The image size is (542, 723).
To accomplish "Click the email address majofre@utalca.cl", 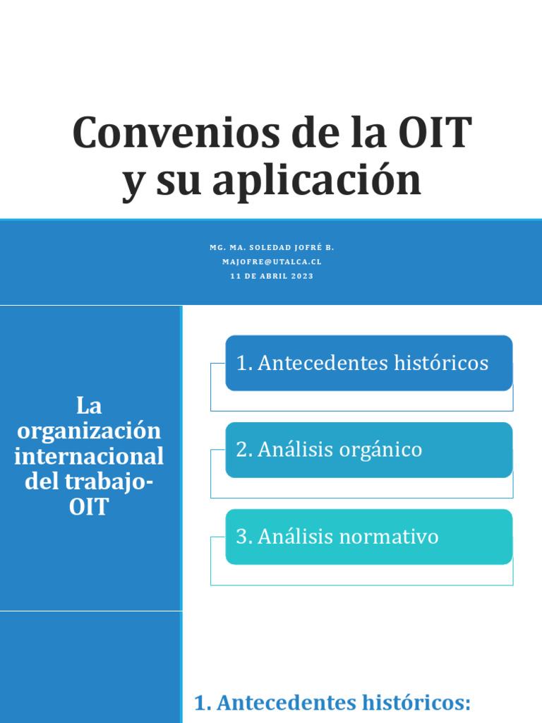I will pos(272,261).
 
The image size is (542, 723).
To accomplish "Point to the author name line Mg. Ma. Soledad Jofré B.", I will pos(272,248).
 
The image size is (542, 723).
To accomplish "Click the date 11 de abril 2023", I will pos(272,276).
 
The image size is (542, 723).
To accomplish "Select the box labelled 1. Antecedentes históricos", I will pos(368,363).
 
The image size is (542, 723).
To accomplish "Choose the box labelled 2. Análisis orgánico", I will pos(368,450).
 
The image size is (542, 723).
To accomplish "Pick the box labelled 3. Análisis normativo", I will pos(368,537).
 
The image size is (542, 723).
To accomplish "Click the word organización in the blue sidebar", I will pos(89,431).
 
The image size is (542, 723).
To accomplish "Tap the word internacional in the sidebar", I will pos(89,456).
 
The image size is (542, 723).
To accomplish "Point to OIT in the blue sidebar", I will pos(89,507).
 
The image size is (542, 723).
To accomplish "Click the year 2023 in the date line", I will pos(302,276).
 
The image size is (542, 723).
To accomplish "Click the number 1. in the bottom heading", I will pos(203,703).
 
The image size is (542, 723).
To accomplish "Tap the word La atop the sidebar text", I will pos(89,406).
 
